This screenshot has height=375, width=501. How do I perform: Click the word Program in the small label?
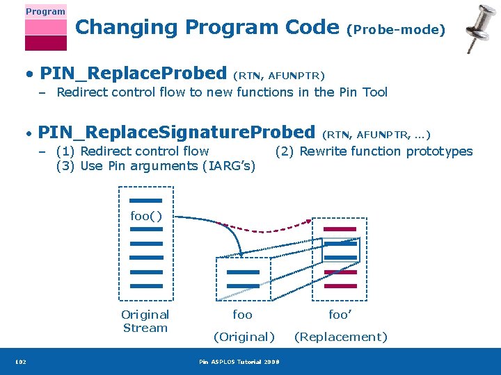click(45, 11)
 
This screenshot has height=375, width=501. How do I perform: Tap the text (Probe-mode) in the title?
click(396, 29)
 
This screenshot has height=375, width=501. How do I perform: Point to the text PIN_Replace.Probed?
click(133, 73)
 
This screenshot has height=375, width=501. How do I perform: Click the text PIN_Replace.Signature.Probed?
click(177, 132)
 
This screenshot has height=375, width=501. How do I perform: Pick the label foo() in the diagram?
click(146, 216)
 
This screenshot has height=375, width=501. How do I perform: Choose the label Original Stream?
click(145, 322)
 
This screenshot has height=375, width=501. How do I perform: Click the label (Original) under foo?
click(244, 337)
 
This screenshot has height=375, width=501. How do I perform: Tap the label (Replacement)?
click(340, 337)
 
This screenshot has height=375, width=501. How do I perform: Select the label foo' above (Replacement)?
click(340, 315)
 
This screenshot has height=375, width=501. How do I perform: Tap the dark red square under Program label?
click(45, 43)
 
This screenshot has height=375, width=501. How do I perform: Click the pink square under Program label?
click(45, 27)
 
